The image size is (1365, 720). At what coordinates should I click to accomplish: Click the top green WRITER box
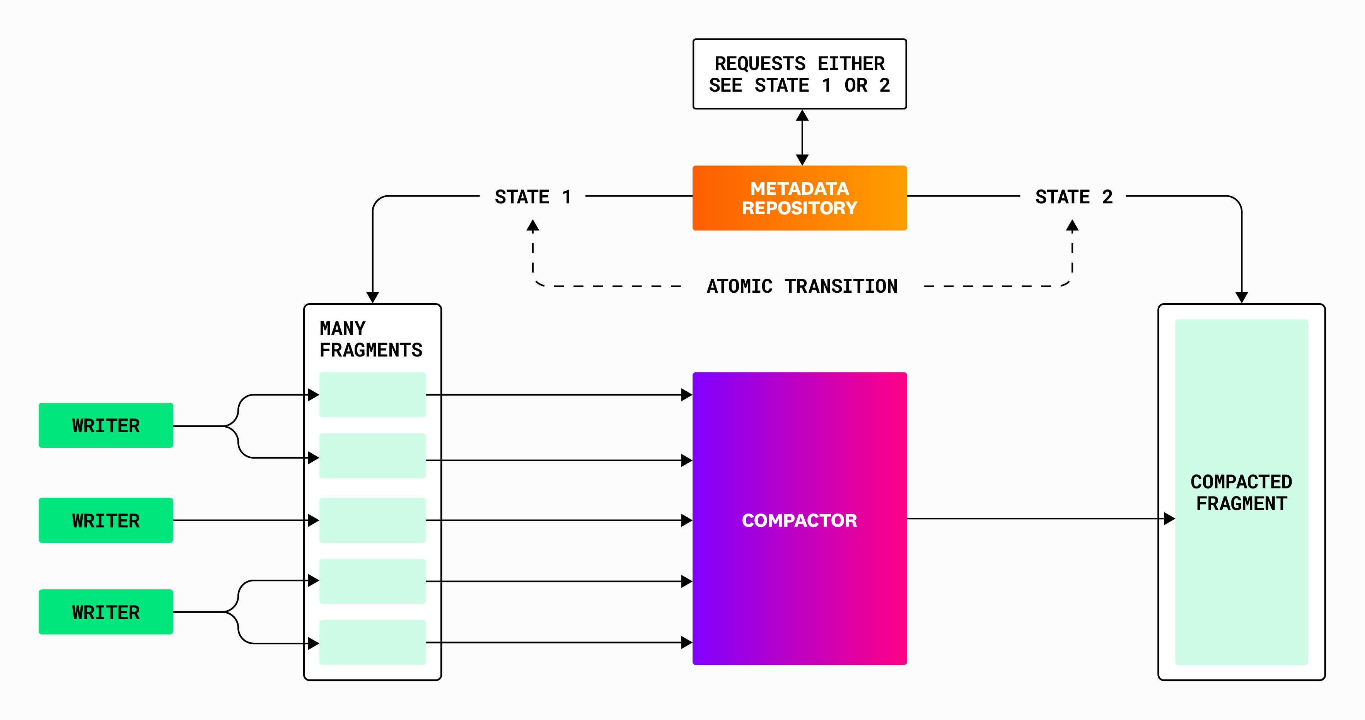(x=106, y=425)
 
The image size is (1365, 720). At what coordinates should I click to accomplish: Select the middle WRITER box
(x=106, y=520)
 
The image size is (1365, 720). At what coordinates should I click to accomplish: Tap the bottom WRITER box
(x=106, y=612)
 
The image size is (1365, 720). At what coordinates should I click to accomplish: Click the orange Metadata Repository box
(x=800, y=198)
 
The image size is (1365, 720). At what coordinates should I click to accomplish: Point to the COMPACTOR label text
(x=800, y=520)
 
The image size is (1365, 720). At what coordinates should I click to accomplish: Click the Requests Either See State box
(x=800, y=74)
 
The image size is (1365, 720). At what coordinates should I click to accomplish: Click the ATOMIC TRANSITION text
(x=802, y=287)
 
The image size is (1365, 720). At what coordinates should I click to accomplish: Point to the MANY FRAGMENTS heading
(x=370, y=340)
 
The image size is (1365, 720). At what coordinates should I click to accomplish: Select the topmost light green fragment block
(x=372, y=395)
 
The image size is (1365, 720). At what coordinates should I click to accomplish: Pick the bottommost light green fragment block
(x=372, y=642)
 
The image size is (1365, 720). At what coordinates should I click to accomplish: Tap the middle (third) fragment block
(x=372, y=520)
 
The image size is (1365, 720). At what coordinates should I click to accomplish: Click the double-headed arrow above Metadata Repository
(x=802, y=138)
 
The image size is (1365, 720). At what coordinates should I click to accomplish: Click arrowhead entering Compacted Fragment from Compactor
(x=1169, y=519)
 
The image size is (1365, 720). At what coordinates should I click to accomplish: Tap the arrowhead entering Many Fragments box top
(x=372, y=297)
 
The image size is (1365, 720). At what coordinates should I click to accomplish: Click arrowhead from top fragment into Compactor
(x=687, y=395)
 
